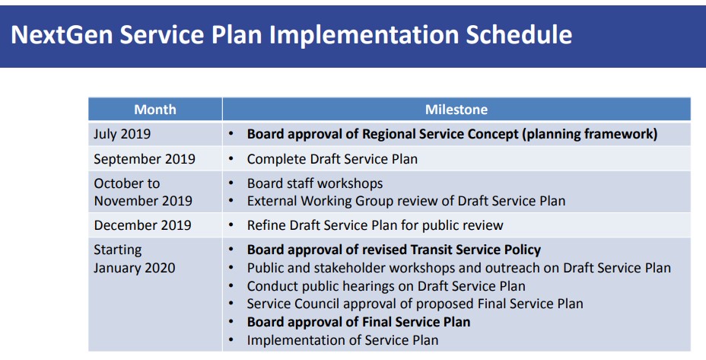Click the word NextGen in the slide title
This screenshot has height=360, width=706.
62,34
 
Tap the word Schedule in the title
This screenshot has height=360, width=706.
519,34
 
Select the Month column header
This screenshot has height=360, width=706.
155,110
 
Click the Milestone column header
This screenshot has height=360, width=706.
456,110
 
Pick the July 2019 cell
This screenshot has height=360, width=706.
122,134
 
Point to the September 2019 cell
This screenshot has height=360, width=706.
145,159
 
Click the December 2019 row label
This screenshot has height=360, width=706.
143,225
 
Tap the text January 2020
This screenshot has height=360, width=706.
134,268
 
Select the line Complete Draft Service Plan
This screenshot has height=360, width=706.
332,159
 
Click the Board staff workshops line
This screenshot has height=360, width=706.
315,183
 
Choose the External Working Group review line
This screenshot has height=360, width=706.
406,201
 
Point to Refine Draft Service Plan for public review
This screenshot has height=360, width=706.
375,225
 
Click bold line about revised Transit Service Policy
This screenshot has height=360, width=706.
394,250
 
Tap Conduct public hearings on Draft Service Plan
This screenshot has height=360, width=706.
386,286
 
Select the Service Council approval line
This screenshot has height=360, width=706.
415,304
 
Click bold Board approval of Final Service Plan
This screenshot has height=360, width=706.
358,322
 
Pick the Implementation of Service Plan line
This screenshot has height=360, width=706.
342,340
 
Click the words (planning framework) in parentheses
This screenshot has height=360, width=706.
590,134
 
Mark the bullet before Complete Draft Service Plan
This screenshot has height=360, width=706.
231,159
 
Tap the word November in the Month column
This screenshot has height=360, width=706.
125,201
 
